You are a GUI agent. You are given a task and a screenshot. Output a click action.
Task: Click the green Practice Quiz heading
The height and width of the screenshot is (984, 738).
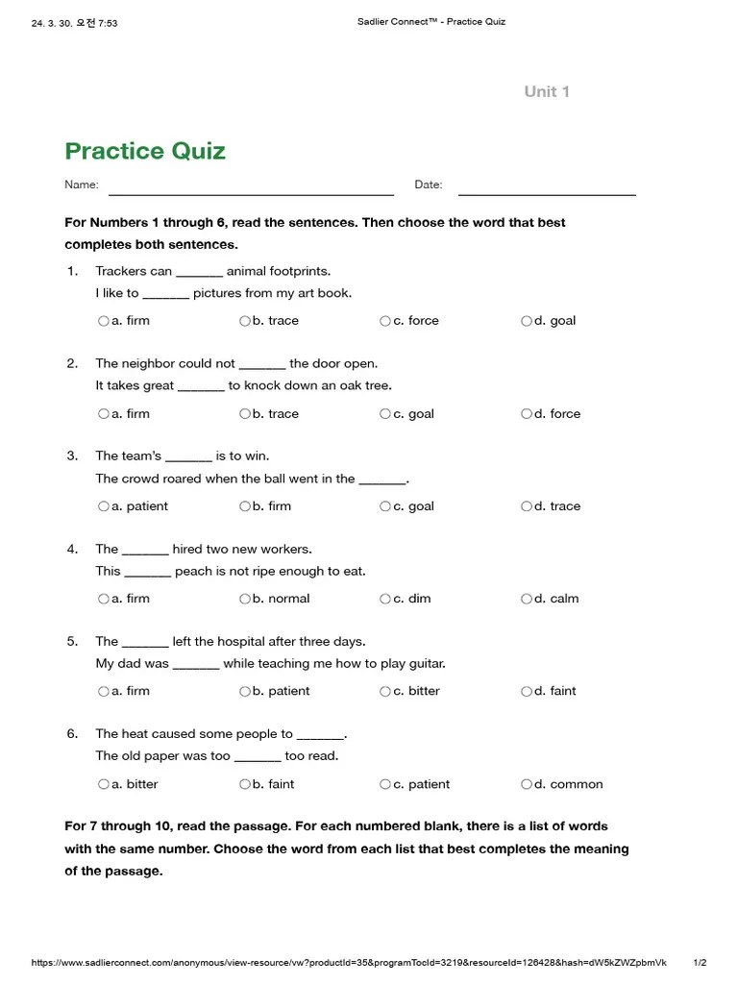[x=145, y=151]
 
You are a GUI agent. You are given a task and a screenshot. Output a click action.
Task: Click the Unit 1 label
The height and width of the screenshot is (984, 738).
[x=547, y=91]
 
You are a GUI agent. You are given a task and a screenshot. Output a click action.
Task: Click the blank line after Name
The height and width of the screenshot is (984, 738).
[x=251, y=193]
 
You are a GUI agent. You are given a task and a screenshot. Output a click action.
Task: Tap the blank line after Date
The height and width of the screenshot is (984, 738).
[x=547, y=193]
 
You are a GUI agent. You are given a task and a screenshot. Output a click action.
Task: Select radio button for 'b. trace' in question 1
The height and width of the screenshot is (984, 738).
[x=245, y=321]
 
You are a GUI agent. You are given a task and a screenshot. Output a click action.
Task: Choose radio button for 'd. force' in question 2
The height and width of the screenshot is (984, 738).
[x=527, y=414]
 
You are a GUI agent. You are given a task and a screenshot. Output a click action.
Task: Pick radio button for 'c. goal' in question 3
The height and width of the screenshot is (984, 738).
[x=385, y=506]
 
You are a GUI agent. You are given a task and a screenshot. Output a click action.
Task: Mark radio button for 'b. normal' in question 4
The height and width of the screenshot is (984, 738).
[x=245, y=599]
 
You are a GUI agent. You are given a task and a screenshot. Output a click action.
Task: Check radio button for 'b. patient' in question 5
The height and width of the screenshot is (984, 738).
[x=245, y=691]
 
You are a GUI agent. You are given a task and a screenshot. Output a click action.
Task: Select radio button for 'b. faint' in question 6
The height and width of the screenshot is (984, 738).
[x=245, y=784]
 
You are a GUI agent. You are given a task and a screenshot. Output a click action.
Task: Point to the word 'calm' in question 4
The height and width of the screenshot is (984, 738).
[x=564, y=599]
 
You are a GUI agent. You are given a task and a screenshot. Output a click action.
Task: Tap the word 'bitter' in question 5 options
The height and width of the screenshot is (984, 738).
[x=424, y=691]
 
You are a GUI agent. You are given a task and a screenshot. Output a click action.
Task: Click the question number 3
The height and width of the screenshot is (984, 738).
[x=72, y=456]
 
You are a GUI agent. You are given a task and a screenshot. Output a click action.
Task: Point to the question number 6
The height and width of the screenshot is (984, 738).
[x=72, y=734]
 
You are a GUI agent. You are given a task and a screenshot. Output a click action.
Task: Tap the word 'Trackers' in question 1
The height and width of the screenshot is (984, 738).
[x=121, y=271]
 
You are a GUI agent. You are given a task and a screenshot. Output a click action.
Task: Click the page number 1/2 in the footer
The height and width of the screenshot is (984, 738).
[x=700, y=963]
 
